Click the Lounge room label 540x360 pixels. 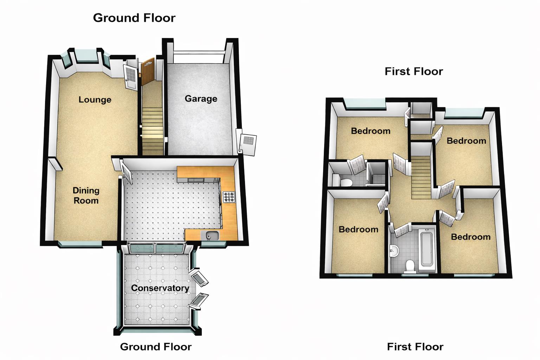pos(95,100)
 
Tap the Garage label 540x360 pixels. pos(201,99)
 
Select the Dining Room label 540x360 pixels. pos(86,195)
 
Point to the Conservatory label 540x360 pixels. pos(160,288)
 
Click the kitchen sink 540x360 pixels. pos(211,236)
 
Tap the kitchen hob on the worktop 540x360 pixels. pos(229,197)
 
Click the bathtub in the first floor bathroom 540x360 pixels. pos(427,249)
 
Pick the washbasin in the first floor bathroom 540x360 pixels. pos(395,251)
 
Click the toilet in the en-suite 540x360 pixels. pos(346,182)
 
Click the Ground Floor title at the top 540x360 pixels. pos(134,18)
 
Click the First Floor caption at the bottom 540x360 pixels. pos(415,347)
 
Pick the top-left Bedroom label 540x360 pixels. pos(371,131)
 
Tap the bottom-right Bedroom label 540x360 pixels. pos(470,237)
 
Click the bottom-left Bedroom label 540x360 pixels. pos(358,230)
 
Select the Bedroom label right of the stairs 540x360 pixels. pos(466,141)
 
